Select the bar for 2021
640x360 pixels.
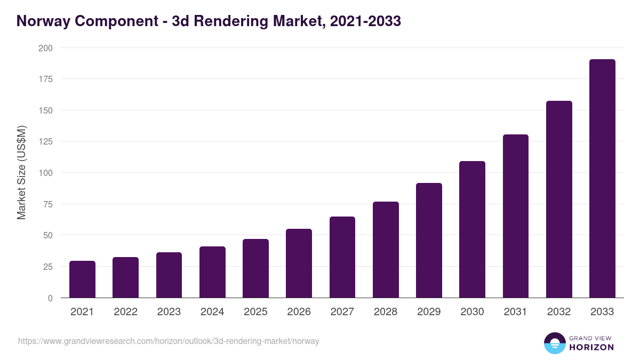pyautogui.click(x=82, y=279)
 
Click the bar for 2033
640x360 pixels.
pyautogui.click(x=602, y=179)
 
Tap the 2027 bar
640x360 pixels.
pyautogui.click(x=342, y=257)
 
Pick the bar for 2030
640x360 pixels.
pyautogui.click(x=472, y=229)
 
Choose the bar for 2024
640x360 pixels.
pyautogui.click(x=212, y=272)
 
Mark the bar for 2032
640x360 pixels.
pyautogui.click(x=559, y=199)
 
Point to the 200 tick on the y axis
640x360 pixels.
pyautogui.click(x=46, y=48)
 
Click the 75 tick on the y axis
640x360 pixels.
pyautogui.click(x=48, y=204)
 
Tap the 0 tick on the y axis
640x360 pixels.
pyautogui.click(x=50, y=298)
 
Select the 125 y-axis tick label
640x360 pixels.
pyautogui.click(x=46, y=142)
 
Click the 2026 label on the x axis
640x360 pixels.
pyautogui.click(x=299, y=312)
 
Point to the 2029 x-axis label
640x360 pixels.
pyautogui.click(x=429, y=312)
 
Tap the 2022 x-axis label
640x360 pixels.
pyautogui.click(x=125, y=312)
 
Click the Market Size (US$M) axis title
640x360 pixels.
pyautogui.click(x=21, y=172)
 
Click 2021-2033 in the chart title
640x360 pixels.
pyautogui.click(x=365, y=21)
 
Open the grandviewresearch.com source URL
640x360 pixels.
pyautogui.click(x=169, y=341)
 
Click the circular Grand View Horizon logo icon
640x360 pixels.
pyautogui.click(x=554, y=343)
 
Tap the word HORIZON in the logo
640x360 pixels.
pyautogui.click(x=591, y=347)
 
